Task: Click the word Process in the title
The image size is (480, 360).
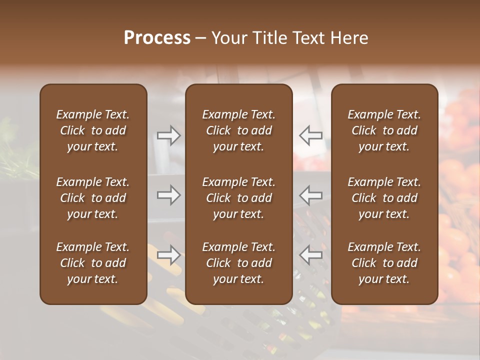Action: [157, 38]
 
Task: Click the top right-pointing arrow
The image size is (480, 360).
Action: [168, 135]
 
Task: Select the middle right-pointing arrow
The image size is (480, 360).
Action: [168, 195]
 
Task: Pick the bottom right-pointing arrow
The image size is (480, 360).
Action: [168, 255]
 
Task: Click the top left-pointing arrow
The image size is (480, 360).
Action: [311, 135]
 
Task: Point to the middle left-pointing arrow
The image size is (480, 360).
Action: [311, 195]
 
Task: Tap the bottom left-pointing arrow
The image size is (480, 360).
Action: [311, 255]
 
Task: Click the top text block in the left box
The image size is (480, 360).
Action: [93, 130]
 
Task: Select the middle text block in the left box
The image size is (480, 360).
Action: [93, 198]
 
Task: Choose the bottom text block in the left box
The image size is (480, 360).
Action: [93, 263]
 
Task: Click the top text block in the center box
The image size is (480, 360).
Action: [239, 130]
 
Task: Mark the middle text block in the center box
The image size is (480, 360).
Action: [239, 198]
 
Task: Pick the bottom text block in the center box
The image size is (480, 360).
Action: [239, 263]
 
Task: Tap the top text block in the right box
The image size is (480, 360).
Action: [384, 130]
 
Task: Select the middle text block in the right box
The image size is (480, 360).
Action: [384, 198]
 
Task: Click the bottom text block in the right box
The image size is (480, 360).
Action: [384, 263]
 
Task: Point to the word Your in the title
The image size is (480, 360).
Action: [228, 38]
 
